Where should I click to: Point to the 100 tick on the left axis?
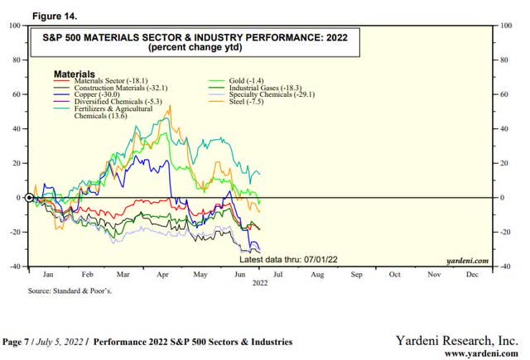(x=15, y=26)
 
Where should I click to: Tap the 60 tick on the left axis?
(x=17, y=94)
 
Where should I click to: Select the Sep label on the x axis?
(x=355, y=272)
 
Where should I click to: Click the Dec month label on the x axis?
(x=473, y=272)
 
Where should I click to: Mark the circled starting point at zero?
(x=29, y=198)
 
